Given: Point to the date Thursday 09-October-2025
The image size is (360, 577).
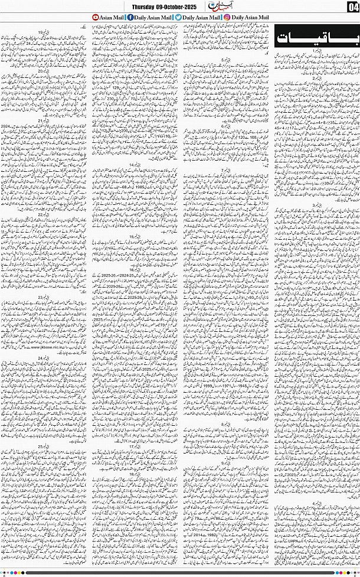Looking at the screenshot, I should (x=165, y=6).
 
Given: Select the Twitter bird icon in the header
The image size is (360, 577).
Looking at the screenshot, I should (x=177, y=17).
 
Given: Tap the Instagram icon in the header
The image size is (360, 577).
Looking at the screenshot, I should (x=227, y=17).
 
